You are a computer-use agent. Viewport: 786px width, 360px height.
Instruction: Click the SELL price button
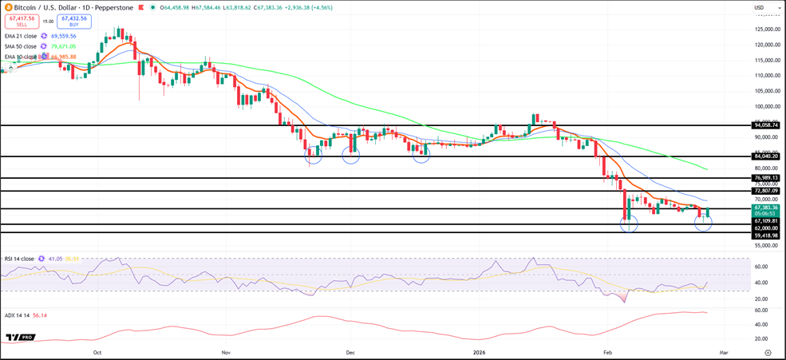tap(22, 22)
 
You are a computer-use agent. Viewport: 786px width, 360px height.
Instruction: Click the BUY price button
tap(74, 22)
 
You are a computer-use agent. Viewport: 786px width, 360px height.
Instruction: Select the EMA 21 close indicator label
tap(20, 36)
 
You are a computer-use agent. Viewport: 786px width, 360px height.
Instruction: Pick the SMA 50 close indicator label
tap(20, 46)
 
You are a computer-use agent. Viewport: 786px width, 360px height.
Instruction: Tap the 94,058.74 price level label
tap(765, 125)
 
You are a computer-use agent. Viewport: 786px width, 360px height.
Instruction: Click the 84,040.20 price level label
tap(765, 156)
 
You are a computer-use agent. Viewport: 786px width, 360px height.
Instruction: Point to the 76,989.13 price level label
tap(765, 178)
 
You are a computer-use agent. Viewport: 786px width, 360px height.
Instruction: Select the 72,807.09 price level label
tap(765, 191)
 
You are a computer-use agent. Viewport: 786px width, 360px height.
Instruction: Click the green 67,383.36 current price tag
tap(765, 208)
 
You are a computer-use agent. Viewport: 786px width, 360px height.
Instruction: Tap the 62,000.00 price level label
tap(765, 227)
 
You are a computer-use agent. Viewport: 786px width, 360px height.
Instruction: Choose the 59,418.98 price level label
tap(765, 235)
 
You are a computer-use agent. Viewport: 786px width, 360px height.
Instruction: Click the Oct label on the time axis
tap(97, 352)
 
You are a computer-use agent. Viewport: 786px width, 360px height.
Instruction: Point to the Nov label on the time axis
tap(226, 352)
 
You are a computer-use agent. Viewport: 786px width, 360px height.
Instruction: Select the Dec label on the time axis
tap(350, 352)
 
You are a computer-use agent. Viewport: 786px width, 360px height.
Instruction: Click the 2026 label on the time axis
tap(479, 352)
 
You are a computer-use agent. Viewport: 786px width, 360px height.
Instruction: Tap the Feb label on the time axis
tap(607, 352)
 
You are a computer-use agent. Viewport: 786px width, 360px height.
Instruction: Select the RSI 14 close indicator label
tap(19, 259)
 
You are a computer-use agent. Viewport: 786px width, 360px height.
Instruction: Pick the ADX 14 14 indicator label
tap(17, 315)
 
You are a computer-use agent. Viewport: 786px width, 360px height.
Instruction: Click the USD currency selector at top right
tap(759, 8)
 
